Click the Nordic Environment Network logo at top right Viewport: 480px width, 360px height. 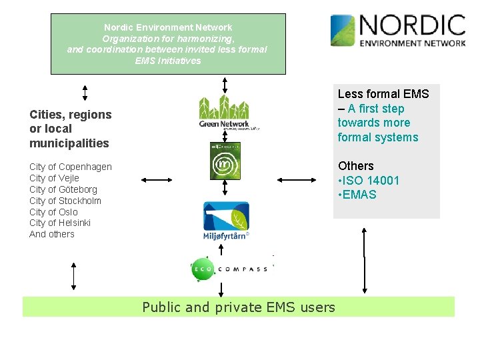[398, 31]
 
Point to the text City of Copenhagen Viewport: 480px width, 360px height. [71, 167]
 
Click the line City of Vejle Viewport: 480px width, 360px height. [54, 178]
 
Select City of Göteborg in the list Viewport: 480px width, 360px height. [63, 189]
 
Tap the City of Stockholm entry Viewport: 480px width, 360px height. [65, 201]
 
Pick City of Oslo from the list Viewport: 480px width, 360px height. [53, 212]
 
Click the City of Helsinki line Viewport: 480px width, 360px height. [60, 223]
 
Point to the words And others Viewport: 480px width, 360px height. [52, 234]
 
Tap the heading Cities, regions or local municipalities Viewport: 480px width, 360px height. [71, 129]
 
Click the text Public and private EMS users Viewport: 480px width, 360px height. [239, 307]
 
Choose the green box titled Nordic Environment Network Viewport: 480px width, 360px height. [168, 44]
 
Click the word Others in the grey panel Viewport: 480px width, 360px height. [356, 165]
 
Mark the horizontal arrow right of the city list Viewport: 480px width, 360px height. [157, 179]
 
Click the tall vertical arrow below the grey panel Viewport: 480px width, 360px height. [365, 260]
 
